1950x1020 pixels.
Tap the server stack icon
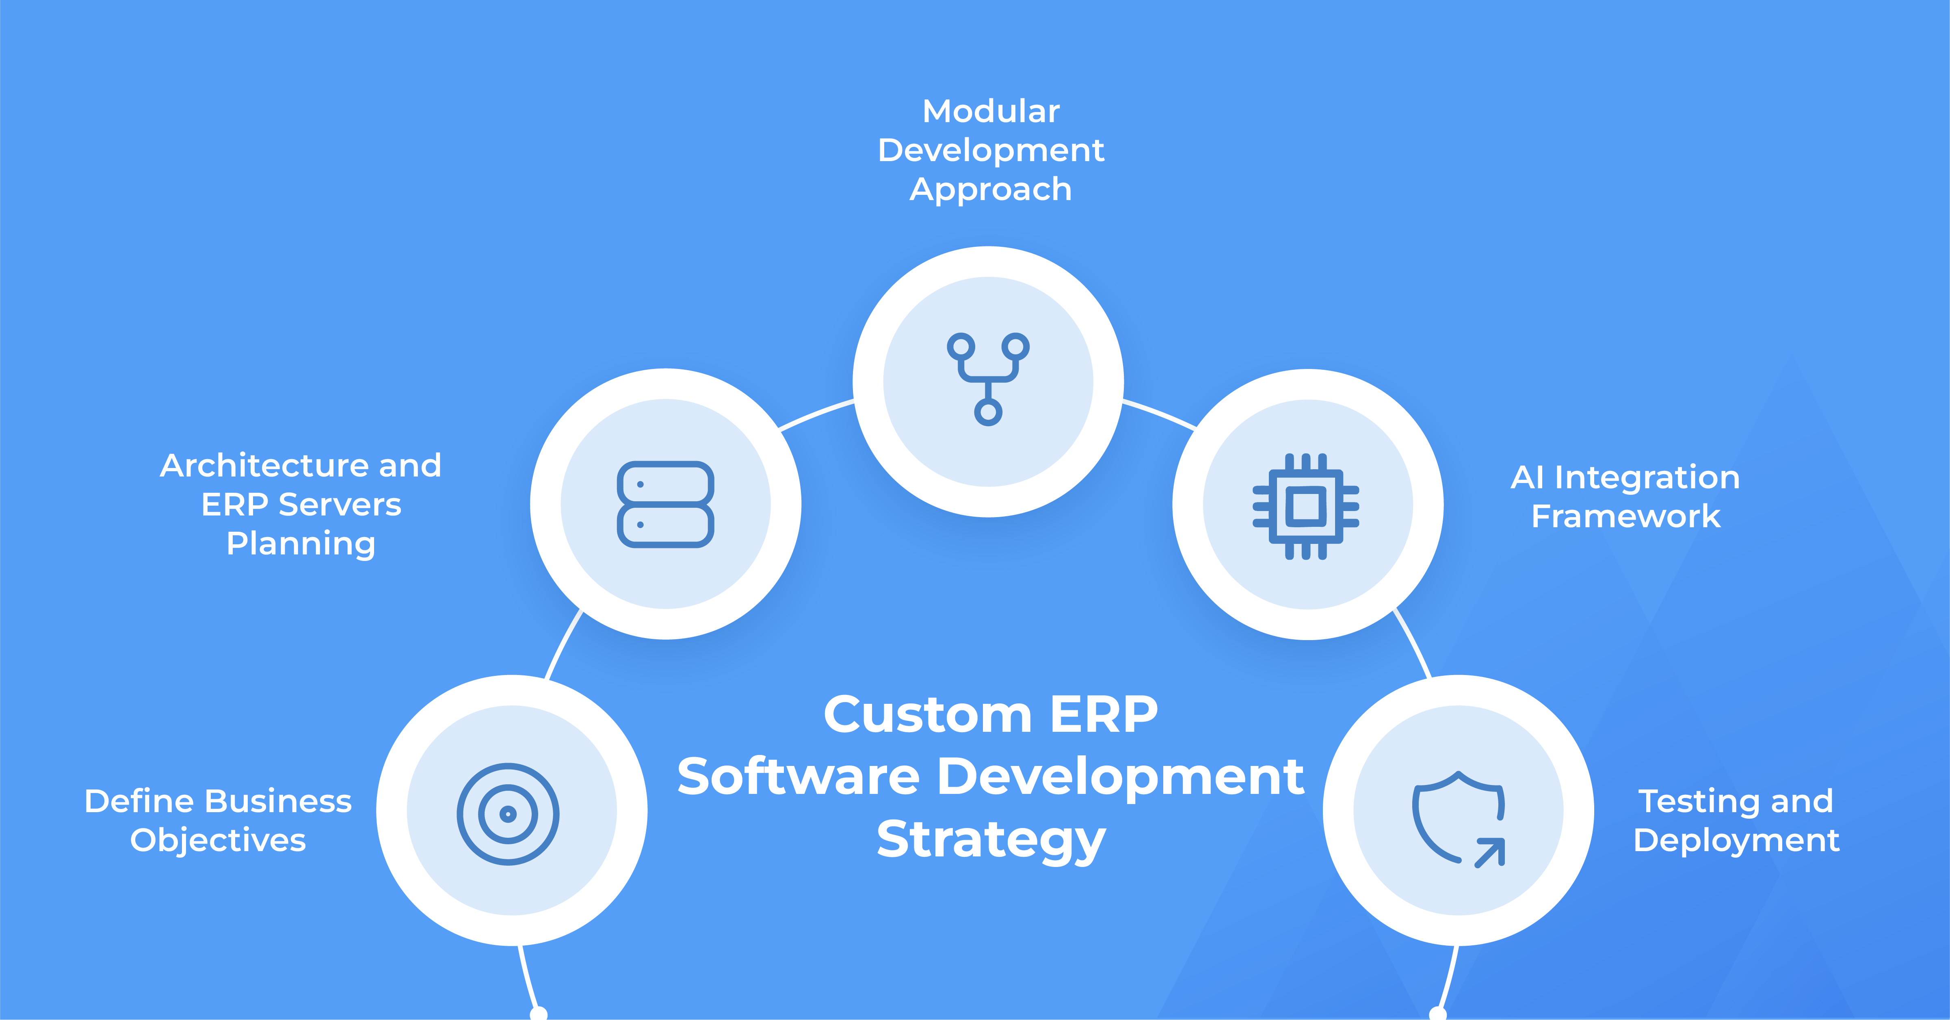pos(665,504)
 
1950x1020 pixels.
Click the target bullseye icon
pos(508,813)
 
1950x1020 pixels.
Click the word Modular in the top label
pos(991,111)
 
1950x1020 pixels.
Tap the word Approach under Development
pos(991,189)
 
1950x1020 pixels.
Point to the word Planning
pos(301,544)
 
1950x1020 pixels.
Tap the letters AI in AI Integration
pos(1527,477)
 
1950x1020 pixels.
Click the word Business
pos(279,801)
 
